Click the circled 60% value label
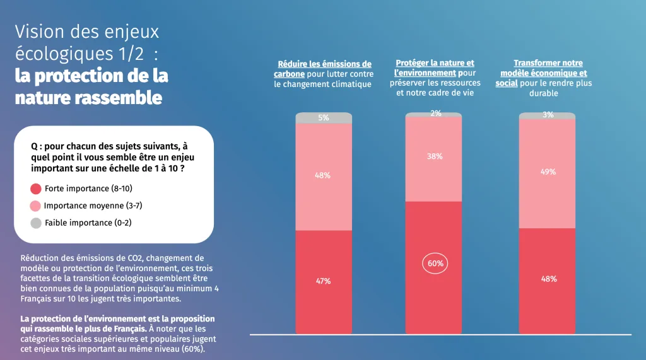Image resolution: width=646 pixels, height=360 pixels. (x=435, y=264)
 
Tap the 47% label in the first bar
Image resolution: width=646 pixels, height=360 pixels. (x=323, y=281)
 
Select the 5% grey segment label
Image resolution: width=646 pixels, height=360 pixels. (x=323, y=117)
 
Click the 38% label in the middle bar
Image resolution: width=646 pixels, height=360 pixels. (x=435, y=156)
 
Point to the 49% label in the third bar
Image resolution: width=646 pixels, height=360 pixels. (x=548, y=171)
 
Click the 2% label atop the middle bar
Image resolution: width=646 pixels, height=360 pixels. (x=435, y=113)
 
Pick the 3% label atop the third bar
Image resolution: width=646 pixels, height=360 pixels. (x=548, y=115)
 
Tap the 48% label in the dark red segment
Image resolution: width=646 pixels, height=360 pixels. (x=548, y=279)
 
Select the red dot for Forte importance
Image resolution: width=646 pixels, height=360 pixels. (x=36, y=189)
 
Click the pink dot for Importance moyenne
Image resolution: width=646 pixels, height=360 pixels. (x=36, y=206)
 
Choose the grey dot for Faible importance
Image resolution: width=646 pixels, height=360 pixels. (x=36, y=223)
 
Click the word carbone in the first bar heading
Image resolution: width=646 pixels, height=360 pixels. (x=290, y=74)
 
